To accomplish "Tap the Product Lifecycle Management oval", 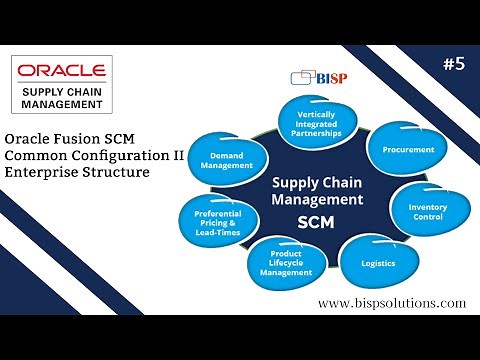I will [285, 264].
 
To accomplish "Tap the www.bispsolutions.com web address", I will [391, 303].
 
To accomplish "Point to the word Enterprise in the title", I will [45, 173].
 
